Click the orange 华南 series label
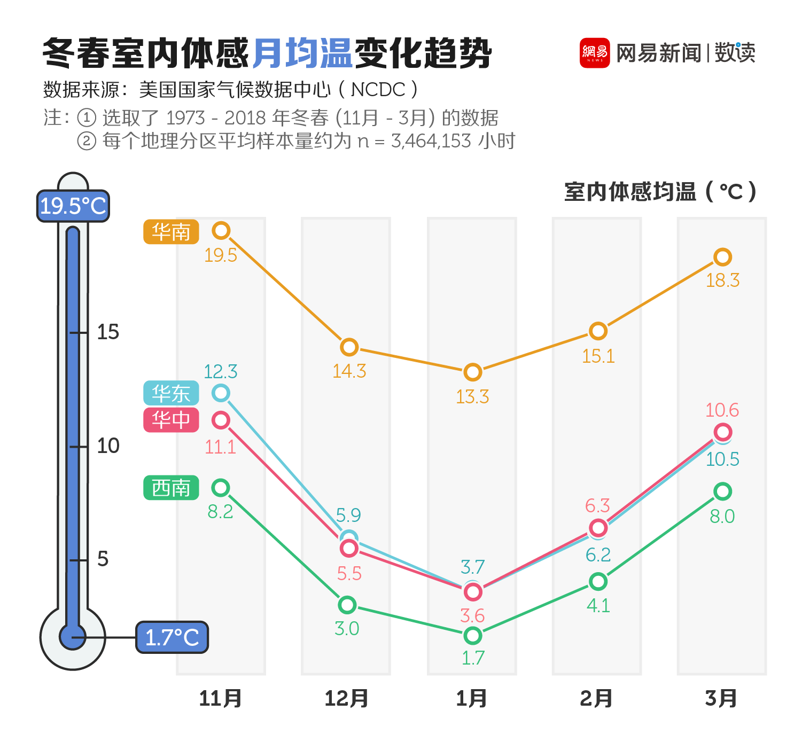click(171, 232)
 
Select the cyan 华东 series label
click(171, 393)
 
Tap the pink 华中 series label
click(171, 420)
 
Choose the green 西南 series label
click(171, 488)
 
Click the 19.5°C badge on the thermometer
click(73, 206)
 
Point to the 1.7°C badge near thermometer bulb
click(172, 637)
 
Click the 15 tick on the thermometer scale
click(107, 332)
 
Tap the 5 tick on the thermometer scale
click(103, 559)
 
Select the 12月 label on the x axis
click(346, 698)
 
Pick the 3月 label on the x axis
click(721, 698)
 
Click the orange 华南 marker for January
click(472, 372)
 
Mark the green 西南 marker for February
click(598, 581)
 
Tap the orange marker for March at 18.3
click(722, 257)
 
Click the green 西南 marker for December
click(347, 605)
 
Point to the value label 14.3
click(349, 371)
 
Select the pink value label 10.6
click(722, 410)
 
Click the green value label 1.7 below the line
click(473, 658)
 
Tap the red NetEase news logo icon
click(595, 53)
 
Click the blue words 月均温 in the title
click(302, 53)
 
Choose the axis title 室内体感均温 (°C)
click(660, 192)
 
